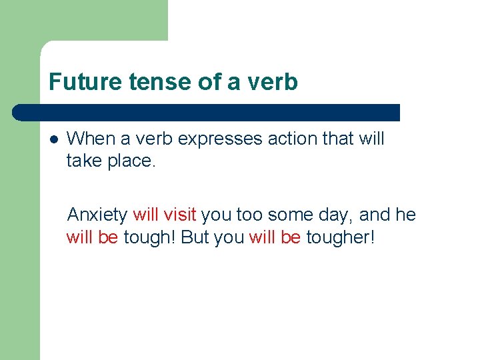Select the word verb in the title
tap(271, 82)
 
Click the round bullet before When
tap(53, 139)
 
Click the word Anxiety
tap(97, 215)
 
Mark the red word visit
tap(180, 215)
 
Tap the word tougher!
tap(340, 237)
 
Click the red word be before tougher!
tap(291, 237)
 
